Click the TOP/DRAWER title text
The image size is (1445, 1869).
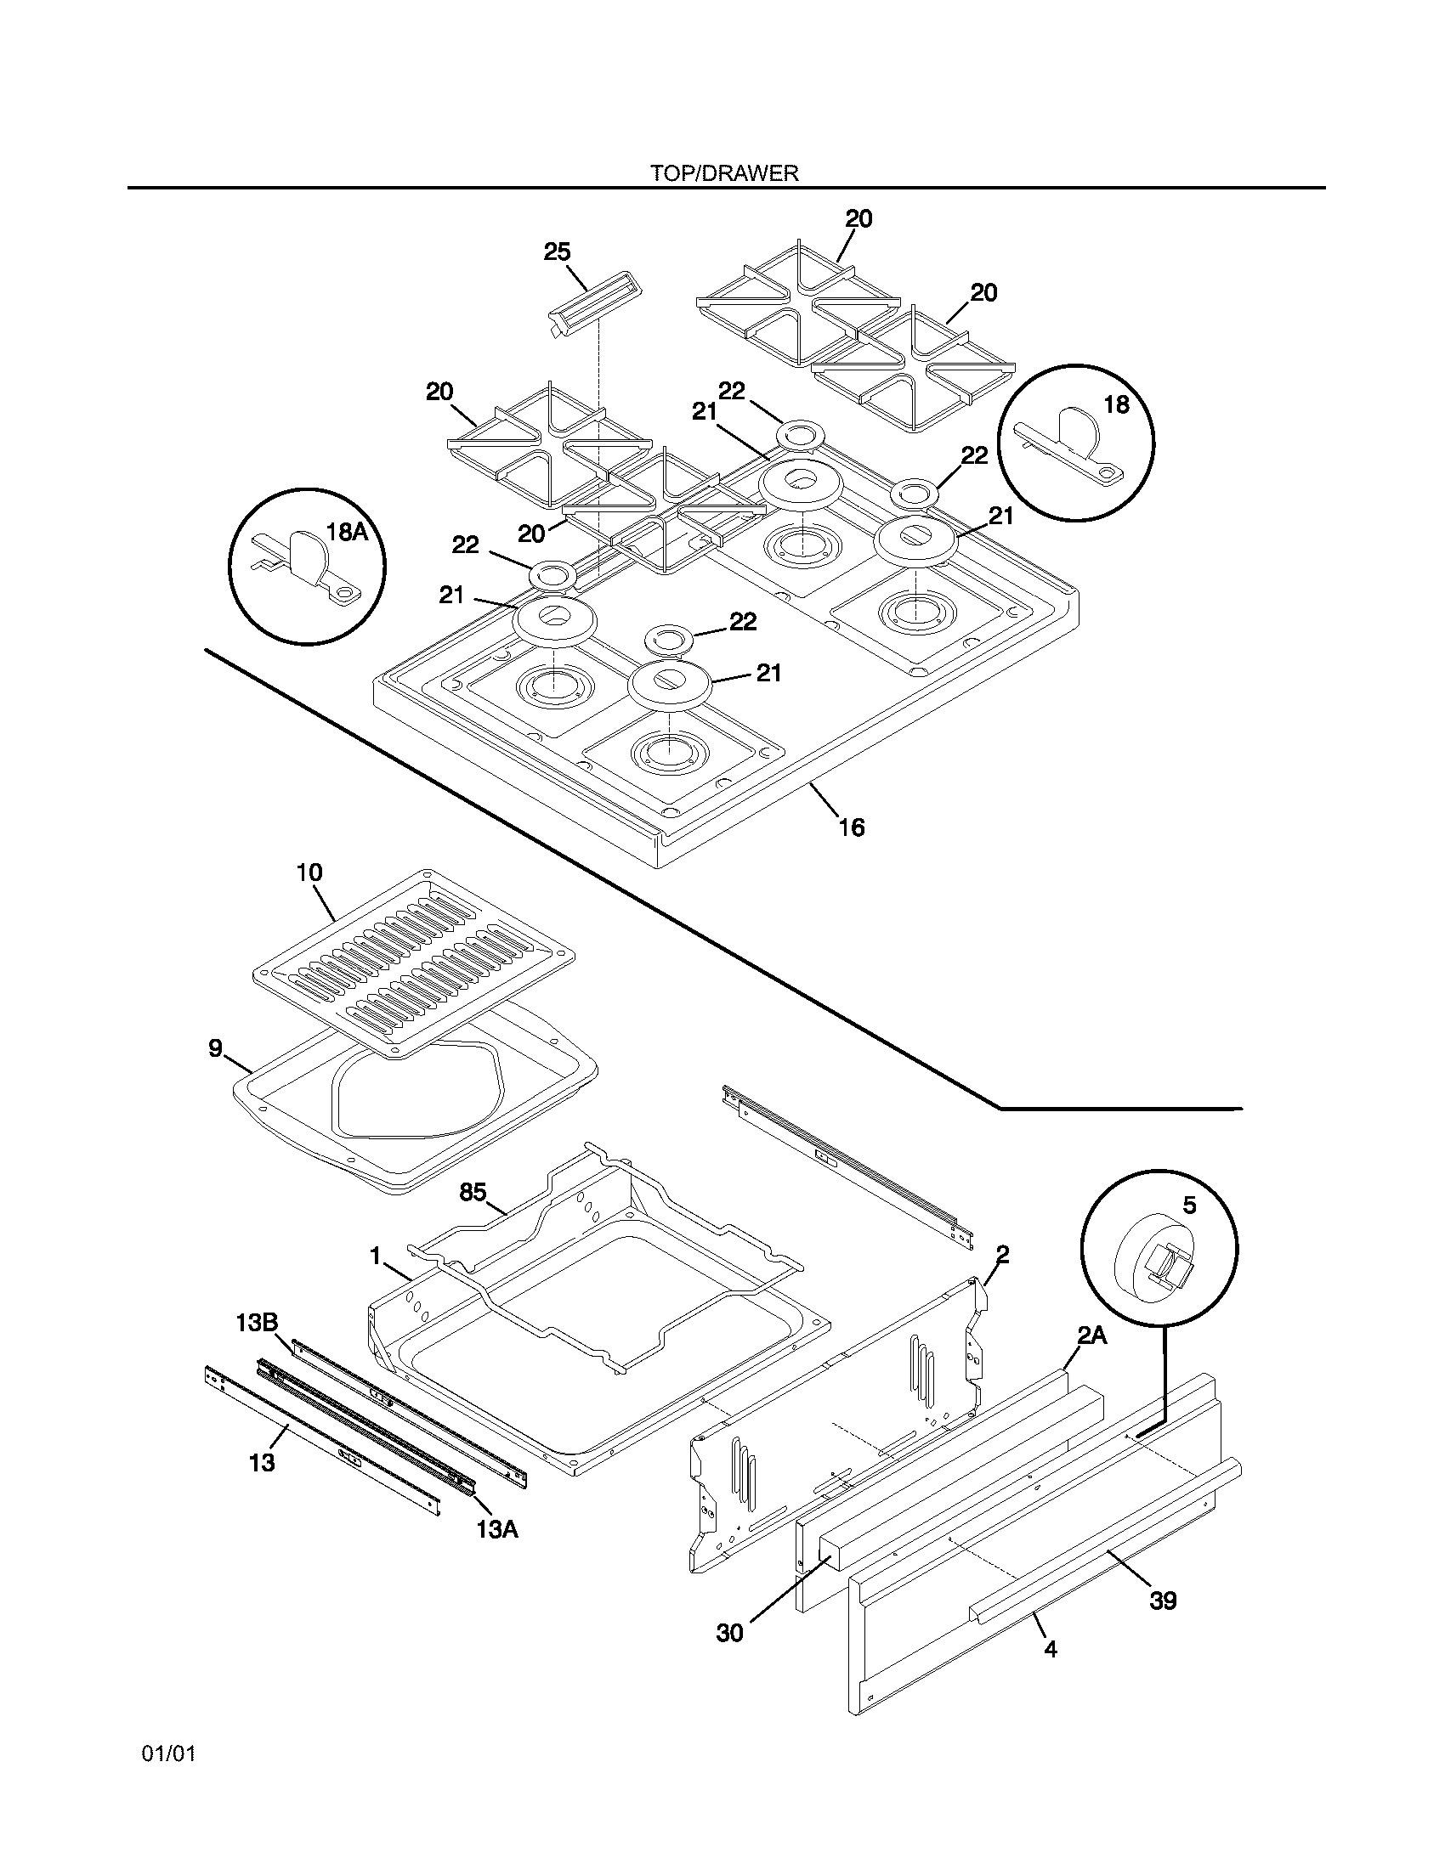coord(723,173)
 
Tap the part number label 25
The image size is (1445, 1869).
coord(557,251)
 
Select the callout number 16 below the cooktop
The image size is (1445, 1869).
coord(852,827)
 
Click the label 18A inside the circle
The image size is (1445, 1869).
coord(347,532)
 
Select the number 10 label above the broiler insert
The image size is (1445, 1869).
coord(309,872)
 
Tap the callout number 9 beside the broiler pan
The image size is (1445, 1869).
coord(216,1048)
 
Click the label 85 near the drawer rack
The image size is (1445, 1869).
coord(473,1192)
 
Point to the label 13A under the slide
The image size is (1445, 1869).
coord(497,1529)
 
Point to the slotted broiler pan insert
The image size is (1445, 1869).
coord(413,963)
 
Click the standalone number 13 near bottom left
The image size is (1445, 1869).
coord(262,1463)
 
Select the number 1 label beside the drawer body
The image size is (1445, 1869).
coord(375,1256)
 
